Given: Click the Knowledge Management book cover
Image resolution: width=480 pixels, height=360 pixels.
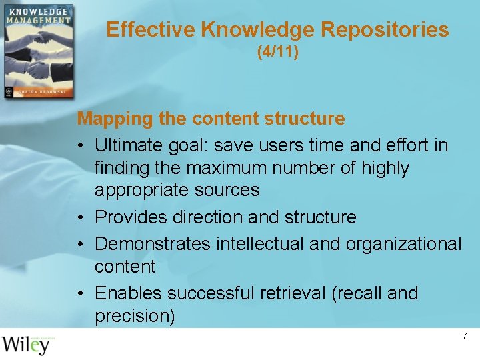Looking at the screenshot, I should pyautogui.click(x=38, y=52).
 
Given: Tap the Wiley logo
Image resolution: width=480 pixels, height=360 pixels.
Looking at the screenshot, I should pyautogui.click(x=25, y=345).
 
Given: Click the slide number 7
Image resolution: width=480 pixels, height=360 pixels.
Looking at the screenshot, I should pyautogui.click(x=465, y=337).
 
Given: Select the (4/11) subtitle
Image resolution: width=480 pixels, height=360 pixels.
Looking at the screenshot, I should pyautogui.click(x=278, y=51).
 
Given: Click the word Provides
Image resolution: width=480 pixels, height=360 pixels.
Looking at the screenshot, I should pyautogui.click(x=131, y=217).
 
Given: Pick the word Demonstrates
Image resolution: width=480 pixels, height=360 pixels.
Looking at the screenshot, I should pyautogui.click(x=153, y=244).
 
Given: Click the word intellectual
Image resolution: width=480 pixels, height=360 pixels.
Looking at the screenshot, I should pyautogui.click(x=260, y=244).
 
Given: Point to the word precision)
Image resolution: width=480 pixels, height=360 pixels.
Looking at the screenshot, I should pyautogui.click(x=135, y=316).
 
